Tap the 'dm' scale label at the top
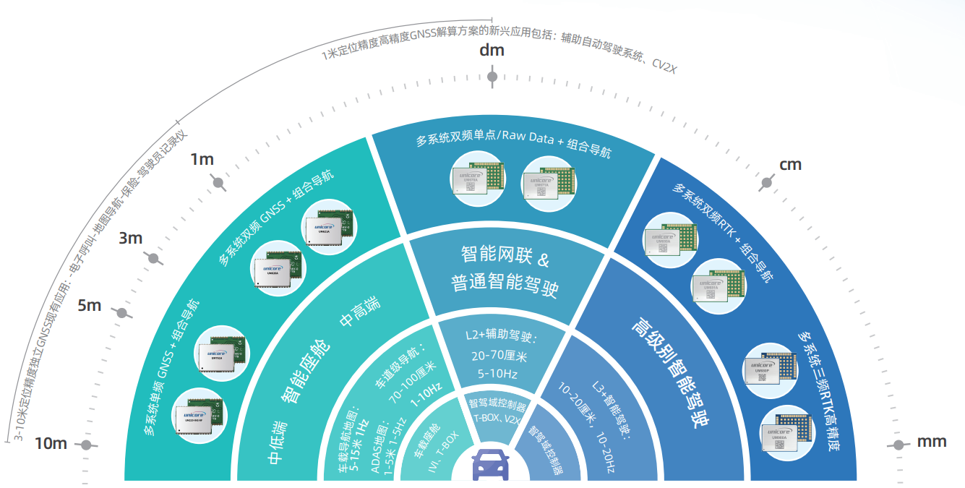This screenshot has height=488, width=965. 492,51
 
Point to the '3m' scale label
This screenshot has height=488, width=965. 130,238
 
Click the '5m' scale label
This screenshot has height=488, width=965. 90,305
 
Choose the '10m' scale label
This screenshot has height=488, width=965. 51,443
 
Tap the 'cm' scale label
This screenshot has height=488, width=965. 790,164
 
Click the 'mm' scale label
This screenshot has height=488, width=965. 932,442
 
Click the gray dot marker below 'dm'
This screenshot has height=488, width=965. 492,77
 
